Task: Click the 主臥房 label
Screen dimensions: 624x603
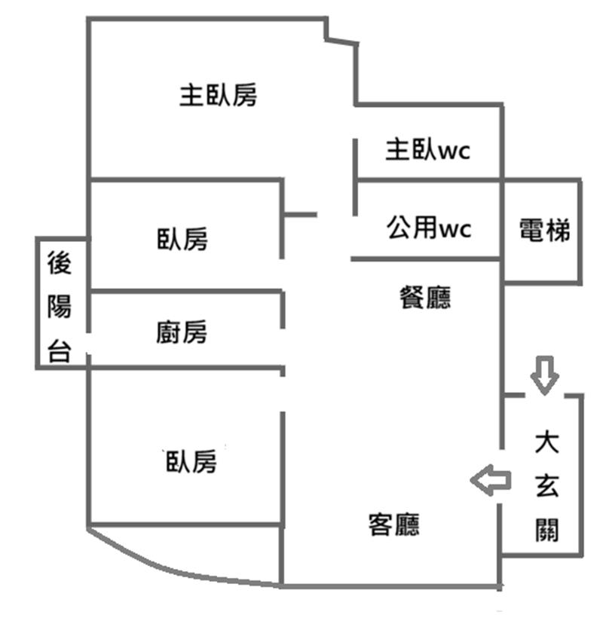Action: (x=218, y=96)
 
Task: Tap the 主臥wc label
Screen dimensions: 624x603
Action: (x=427, y=150)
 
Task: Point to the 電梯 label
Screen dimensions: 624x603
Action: (x=544, y=230)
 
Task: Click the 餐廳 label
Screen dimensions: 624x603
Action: (x=424, y=297)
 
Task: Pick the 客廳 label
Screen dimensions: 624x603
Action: (x=393, y=524)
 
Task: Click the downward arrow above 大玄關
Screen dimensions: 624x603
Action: (x=544, y=375)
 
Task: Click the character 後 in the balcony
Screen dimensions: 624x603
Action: (x=60, y=265)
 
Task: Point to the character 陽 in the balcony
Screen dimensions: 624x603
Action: (x=60, y=308)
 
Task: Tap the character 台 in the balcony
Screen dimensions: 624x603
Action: (x=60, y=350)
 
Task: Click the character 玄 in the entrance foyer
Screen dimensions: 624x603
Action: (x=545, y=486)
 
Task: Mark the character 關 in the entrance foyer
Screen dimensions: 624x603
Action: (x=545, y=530)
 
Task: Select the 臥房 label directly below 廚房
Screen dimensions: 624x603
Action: (x=191, y=460)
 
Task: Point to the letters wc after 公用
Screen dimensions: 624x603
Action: (x=455, y=228)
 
